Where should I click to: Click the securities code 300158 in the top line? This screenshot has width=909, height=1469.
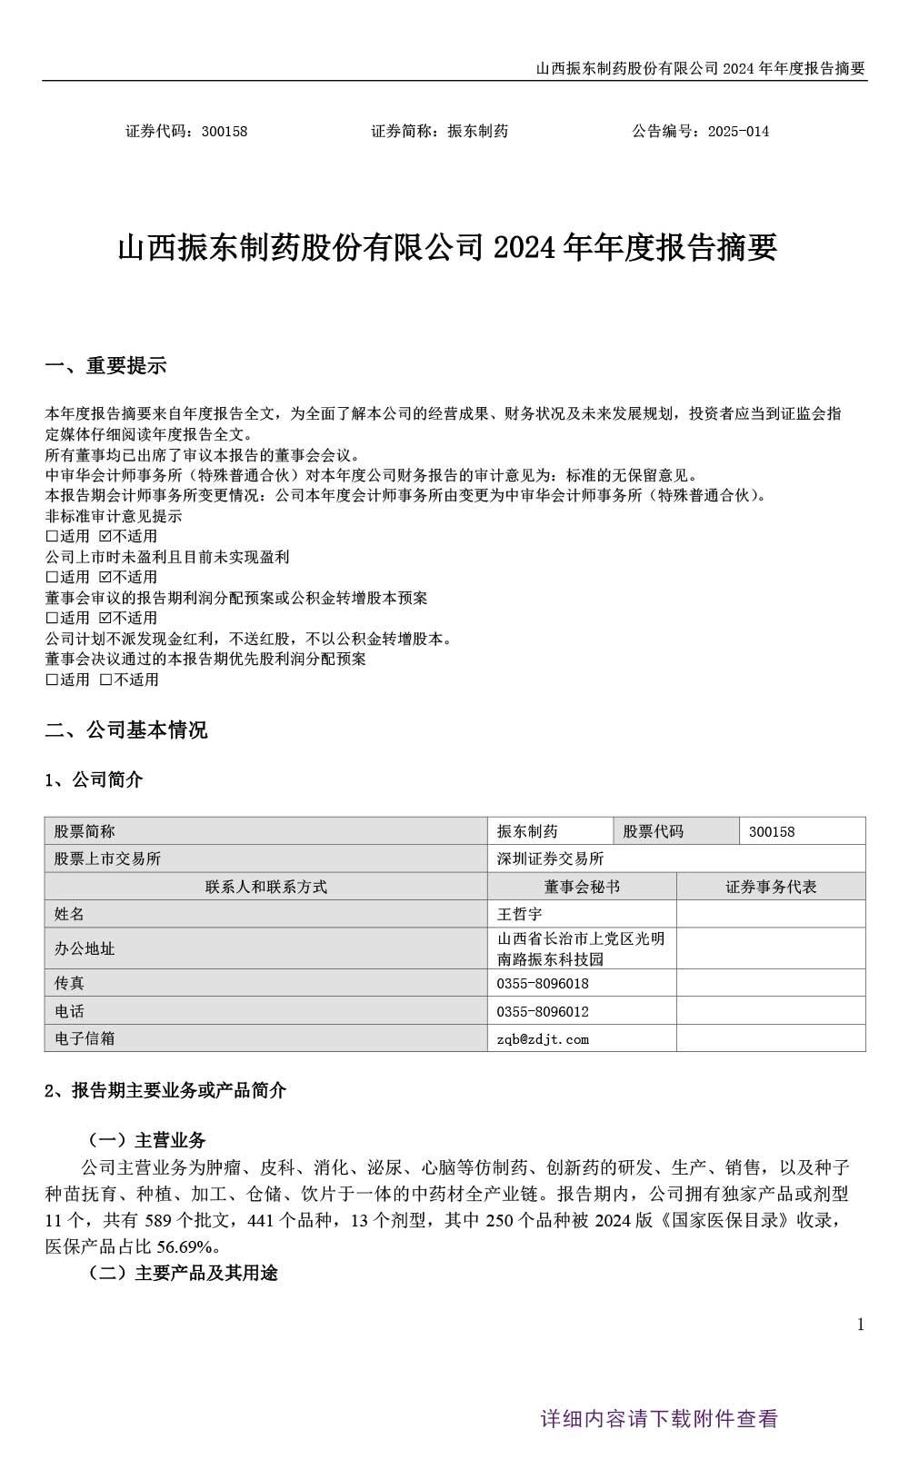(x=225, y=131)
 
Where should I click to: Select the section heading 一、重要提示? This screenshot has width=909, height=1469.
(x=105, y=366)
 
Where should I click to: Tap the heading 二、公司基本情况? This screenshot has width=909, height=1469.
(x=126, y=730)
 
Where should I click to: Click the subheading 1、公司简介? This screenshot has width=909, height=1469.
(x=94, y=779)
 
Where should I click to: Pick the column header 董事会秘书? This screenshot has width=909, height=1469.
(x=582, y=887)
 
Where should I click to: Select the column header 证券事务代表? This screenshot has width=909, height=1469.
(x=771, y=887)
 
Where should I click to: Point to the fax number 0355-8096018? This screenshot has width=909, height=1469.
(x=543, y=983)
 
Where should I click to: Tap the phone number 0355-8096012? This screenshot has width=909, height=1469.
(x=543, y=1011)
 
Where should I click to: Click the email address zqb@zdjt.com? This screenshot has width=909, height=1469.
(x=543, y=1038)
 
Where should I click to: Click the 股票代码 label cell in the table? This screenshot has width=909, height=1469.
(x=653, y=831)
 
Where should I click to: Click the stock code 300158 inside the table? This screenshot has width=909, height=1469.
(x=772, y=831)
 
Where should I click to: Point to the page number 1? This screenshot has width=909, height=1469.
(x=860, y=1325)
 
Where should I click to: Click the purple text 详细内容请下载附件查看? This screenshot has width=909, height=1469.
(x=659, y=1419)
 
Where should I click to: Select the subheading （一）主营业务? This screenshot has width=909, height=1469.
(x=146, y=1140)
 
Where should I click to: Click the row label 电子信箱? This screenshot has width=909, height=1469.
(x=85, y=1038)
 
